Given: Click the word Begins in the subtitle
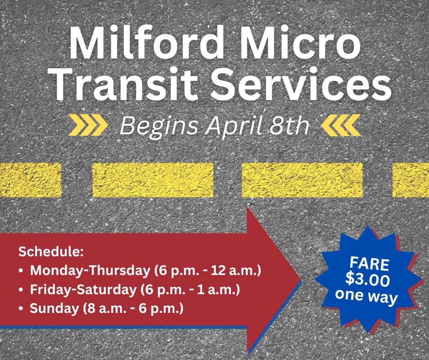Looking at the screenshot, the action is (x=159, y=126).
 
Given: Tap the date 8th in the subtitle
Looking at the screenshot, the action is (x=289, y=125).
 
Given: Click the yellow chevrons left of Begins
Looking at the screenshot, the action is (x=88, y=125).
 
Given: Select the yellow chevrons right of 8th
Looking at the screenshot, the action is (x=341, y=125).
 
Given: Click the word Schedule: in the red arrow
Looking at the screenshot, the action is (x=51, y=252).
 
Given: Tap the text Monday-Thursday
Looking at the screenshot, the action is (x=90, y=270).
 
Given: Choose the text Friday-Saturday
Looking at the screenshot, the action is (x=83, y=290).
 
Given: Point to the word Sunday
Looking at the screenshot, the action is (x=54, y=308).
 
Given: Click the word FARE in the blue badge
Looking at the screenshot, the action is (x=369, y=264).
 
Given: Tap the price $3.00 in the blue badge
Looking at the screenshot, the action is (x=367, y=280).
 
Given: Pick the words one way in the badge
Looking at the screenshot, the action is (x=366, y=296).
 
